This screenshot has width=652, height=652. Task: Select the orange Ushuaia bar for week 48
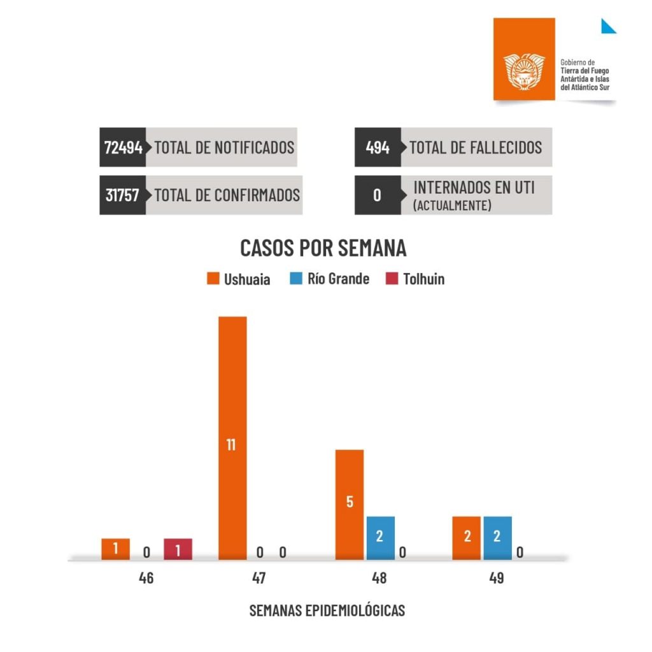(350, 504)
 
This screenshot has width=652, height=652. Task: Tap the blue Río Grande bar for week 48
(380, 537)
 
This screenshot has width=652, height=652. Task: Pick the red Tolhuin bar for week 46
(178, 549)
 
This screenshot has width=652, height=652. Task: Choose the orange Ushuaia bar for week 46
(115, 549)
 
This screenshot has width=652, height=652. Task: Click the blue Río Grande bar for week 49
(497, 537)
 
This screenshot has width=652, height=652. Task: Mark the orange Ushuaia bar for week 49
(467, 537)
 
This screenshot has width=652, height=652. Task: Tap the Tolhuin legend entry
(415, 279)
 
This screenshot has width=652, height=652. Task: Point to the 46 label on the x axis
(146, 579)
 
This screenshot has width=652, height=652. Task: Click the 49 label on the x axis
(497, 579)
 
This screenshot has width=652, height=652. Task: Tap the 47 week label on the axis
(259, 579)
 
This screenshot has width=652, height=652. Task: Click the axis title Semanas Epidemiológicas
(327, 610)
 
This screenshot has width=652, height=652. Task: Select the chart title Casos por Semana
(323, 248)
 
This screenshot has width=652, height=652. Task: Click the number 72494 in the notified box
(124, 148)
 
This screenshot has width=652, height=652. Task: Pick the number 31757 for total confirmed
(122, 195)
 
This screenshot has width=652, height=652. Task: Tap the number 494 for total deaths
(378, 148)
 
